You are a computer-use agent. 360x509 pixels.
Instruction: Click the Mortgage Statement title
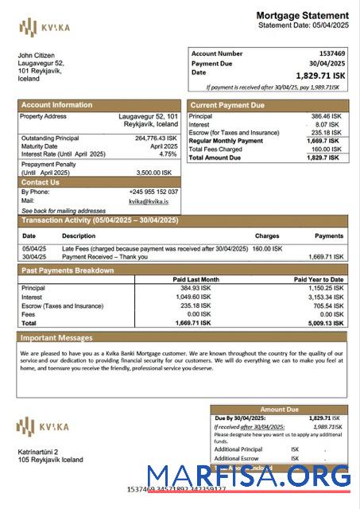click(302, 15)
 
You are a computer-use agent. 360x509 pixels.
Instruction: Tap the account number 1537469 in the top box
click(329, 53)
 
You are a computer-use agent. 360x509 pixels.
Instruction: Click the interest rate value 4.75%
click(168, 154)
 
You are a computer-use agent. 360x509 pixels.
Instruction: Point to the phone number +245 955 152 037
click(153, 192)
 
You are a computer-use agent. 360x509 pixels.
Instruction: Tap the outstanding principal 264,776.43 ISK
click(157, 138)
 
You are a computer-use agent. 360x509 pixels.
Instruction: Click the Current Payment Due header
click(226, 105)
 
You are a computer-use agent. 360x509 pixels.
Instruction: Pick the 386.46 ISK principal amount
click(325, 116)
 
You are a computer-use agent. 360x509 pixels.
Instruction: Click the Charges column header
click(267, 236)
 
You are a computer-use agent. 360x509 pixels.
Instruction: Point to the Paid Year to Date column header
click(318, 279)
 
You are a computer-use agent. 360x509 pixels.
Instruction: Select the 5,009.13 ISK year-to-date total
click(326, 324)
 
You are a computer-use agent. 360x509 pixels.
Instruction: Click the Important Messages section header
click(56, 338)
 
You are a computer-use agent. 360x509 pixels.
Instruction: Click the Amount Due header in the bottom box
click(278, 410)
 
